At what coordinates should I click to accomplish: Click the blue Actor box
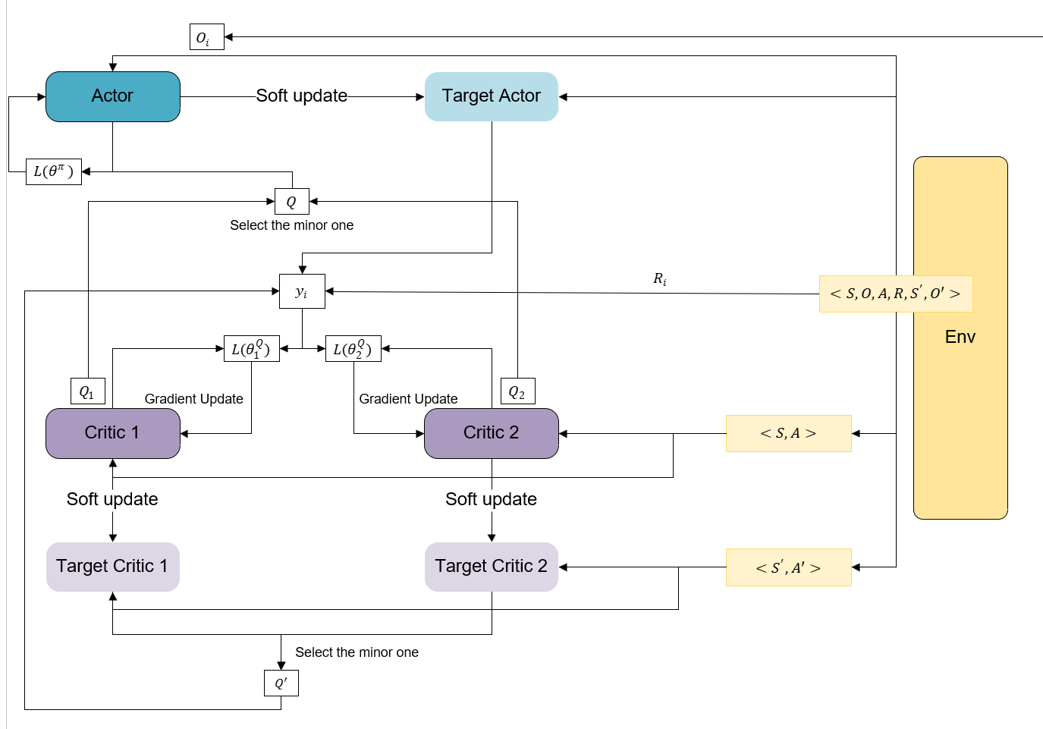[x=113, y=97]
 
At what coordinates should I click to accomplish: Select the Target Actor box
[x=492, y=97]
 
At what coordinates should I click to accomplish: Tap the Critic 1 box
[x=113, y=433]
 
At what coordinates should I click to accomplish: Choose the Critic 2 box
[x=492, y=433]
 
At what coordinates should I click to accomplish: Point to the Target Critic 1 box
[x=113, y=567]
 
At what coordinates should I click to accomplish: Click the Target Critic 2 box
[x=492, y=567]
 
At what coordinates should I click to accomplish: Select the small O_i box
[x=207, y=36]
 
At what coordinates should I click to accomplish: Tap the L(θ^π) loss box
[x=54, y=171]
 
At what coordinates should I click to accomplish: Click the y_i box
[x=302, y=291]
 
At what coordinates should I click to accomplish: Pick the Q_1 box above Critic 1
[x=88, y=391]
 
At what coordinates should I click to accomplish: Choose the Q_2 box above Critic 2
[x=518, y=391]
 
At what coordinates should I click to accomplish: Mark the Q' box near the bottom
[x=281, y=683]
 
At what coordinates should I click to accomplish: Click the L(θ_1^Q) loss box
[x=252, y=349]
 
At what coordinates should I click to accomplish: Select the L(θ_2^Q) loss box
[x=353, y=349]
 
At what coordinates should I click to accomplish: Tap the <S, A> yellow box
[x=789, y=433]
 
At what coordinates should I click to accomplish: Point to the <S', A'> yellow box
[x=789, y=567]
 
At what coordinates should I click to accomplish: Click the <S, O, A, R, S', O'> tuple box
[x=896, y=294]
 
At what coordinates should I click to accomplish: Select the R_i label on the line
[x=660, y=279]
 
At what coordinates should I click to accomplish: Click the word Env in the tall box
[x=960, y=337]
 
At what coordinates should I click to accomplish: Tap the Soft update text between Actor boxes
[x=302, y=96]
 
